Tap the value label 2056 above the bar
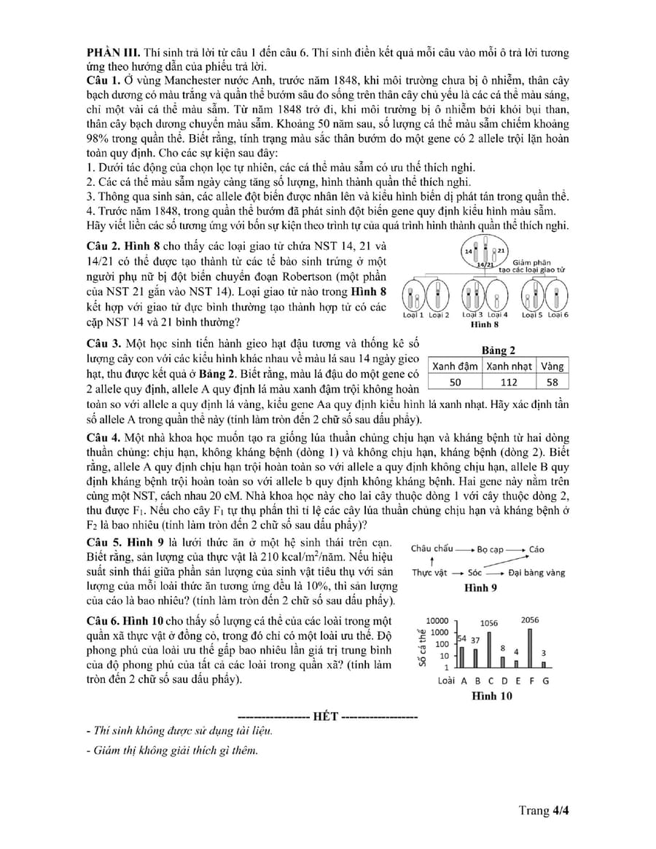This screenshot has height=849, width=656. tap(530, 620)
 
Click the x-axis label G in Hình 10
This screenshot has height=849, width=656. tap(545, 681)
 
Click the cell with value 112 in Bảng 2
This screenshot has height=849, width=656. tap(508, 382)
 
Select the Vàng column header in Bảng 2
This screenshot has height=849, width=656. tap(551, 366)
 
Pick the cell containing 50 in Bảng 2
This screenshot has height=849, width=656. tap(455, 382)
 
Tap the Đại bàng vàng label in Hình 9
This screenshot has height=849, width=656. tap(537, 573)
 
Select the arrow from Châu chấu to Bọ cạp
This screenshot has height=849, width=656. tap(464, 549)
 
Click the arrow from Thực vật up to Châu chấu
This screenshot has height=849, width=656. tap(432, 561)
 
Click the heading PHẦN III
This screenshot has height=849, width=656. tap(111, 52)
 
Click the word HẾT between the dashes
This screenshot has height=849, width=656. tap(326, 716)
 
